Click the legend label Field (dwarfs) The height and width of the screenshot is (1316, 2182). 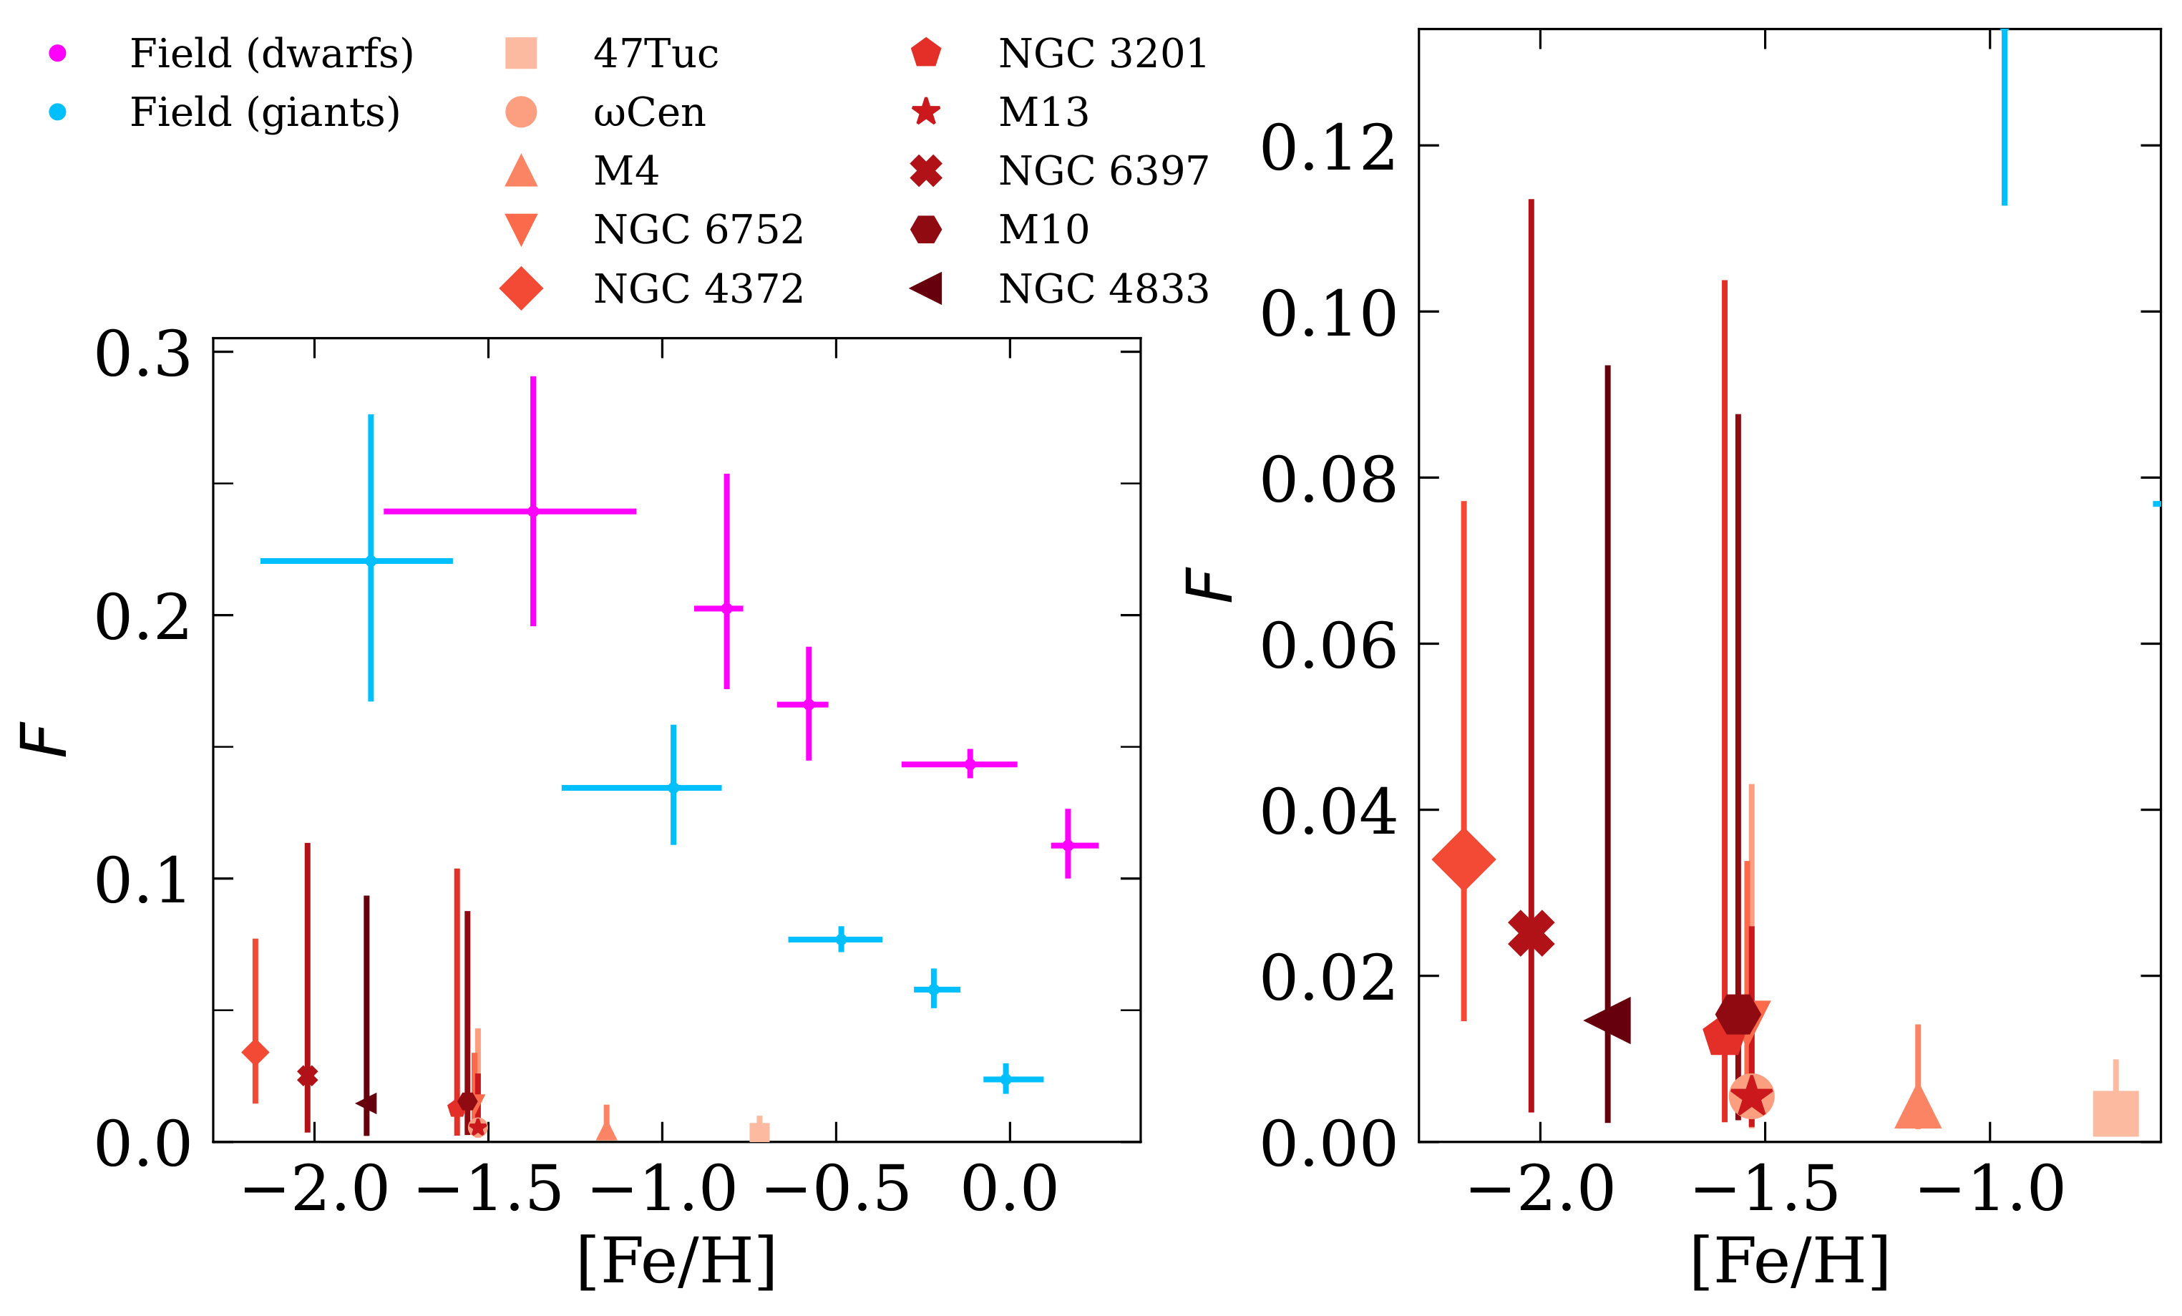pos(271,53)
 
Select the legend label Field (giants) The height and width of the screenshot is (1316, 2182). pos(265,112)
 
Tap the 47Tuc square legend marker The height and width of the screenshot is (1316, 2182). pos(521,53)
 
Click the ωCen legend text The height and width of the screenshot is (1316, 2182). pos(649,112)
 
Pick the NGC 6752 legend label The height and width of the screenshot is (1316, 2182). pos(698,230)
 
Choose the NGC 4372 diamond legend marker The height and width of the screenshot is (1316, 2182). pos(521,288)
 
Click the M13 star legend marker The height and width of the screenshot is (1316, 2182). pos(925,112)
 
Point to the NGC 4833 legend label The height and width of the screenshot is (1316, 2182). pos(1104,288)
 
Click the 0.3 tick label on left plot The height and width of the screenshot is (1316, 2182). pos(142,354)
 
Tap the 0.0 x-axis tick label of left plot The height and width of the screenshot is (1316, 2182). pos(1008,1189)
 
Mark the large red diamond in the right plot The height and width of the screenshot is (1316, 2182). pos(1463,858)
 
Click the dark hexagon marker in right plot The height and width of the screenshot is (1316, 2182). pos(1738,1014)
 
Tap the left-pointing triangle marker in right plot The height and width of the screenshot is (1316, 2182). pos(1608,1020)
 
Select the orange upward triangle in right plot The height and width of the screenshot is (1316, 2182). pos(1917,1107)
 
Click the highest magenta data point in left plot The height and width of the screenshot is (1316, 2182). pos(532,511)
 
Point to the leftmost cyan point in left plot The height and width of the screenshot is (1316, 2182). pos(370,560)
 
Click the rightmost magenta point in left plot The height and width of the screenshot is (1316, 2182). pos(1068,845)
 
